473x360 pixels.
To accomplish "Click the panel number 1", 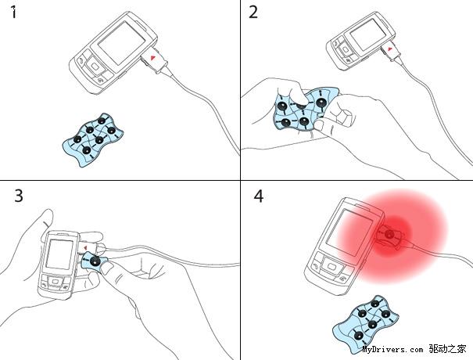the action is [13, 13].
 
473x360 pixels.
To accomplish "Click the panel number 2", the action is [253, 13].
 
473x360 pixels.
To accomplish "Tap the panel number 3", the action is [19, 196].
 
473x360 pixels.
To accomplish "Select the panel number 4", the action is [259, 196].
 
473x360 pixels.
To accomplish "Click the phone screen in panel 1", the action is [121, 42].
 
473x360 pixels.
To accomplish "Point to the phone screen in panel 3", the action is [59, 254].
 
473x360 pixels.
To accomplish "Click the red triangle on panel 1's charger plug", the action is [153, 57].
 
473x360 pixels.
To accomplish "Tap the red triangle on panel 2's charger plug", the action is [390, 49].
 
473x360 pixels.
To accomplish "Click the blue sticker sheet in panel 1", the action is [92, 139].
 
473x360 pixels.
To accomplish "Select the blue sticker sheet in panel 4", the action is [366, 324].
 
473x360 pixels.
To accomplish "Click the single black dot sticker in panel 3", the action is [95, 261].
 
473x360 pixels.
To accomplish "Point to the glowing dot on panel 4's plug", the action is [390, 233].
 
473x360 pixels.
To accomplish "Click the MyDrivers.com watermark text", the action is [392, 350].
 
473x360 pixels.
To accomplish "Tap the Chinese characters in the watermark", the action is [447, 349].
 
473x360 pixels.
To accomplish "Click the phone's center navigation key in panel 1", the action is [95, 67].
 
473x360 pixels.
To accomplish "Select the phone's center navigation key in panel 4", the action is [331, 267].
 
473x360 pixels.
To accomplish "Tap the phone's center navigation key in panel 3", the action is [55, 282].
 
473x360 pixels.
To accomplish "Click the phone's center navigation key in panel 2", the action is [346, 50].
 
